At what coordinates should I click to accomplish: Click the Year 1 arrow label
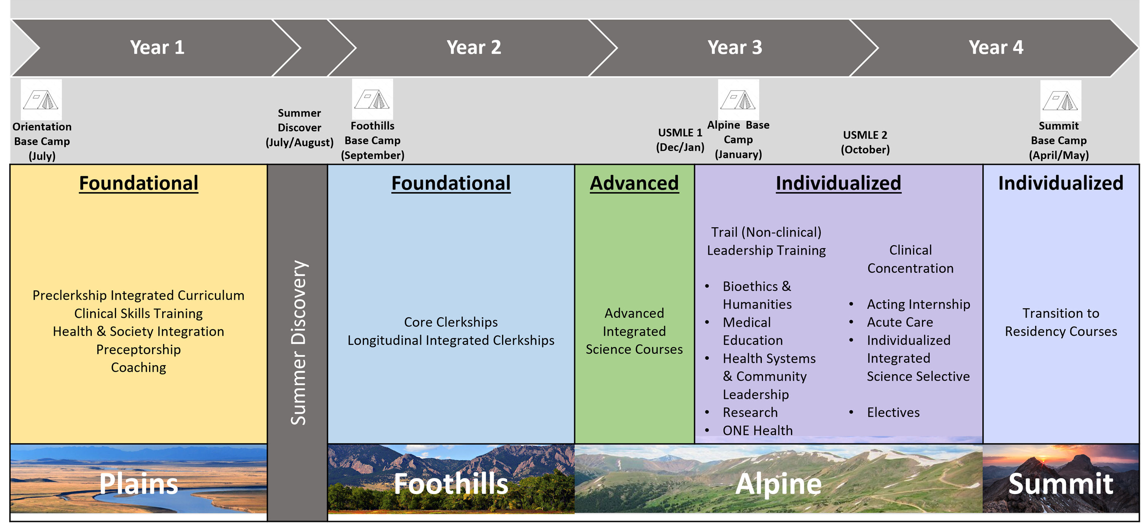[157, 48]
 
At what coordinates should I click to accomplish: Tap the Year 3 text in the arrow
[734, 48]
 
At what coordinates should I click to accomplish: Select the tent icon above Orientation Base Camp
[41, 100]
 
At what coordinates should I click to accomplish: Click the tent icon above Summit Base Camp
[1060, 100]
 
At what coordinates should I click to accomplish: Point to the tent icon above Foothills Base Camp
[372, 99]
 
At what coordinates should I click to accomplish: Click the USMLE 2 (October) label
[865, 142]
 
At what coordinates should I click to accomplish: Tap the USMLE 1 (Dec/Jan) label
[680, 140]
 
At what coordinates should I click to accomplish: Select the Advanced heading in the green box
[634, 183]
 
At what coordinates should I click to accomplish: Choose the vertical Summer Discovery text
[298, 342]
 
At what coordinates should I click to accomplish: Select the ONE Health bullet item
[757, 431]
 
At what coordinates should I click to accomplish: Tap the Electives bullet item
[893, 413]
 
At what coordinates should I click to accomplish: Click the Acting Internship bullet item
[918, 305]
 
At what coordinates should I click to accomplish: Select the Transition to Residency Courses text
[1060, 322]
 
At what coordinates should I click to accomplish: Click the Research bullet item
[750, 413]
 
